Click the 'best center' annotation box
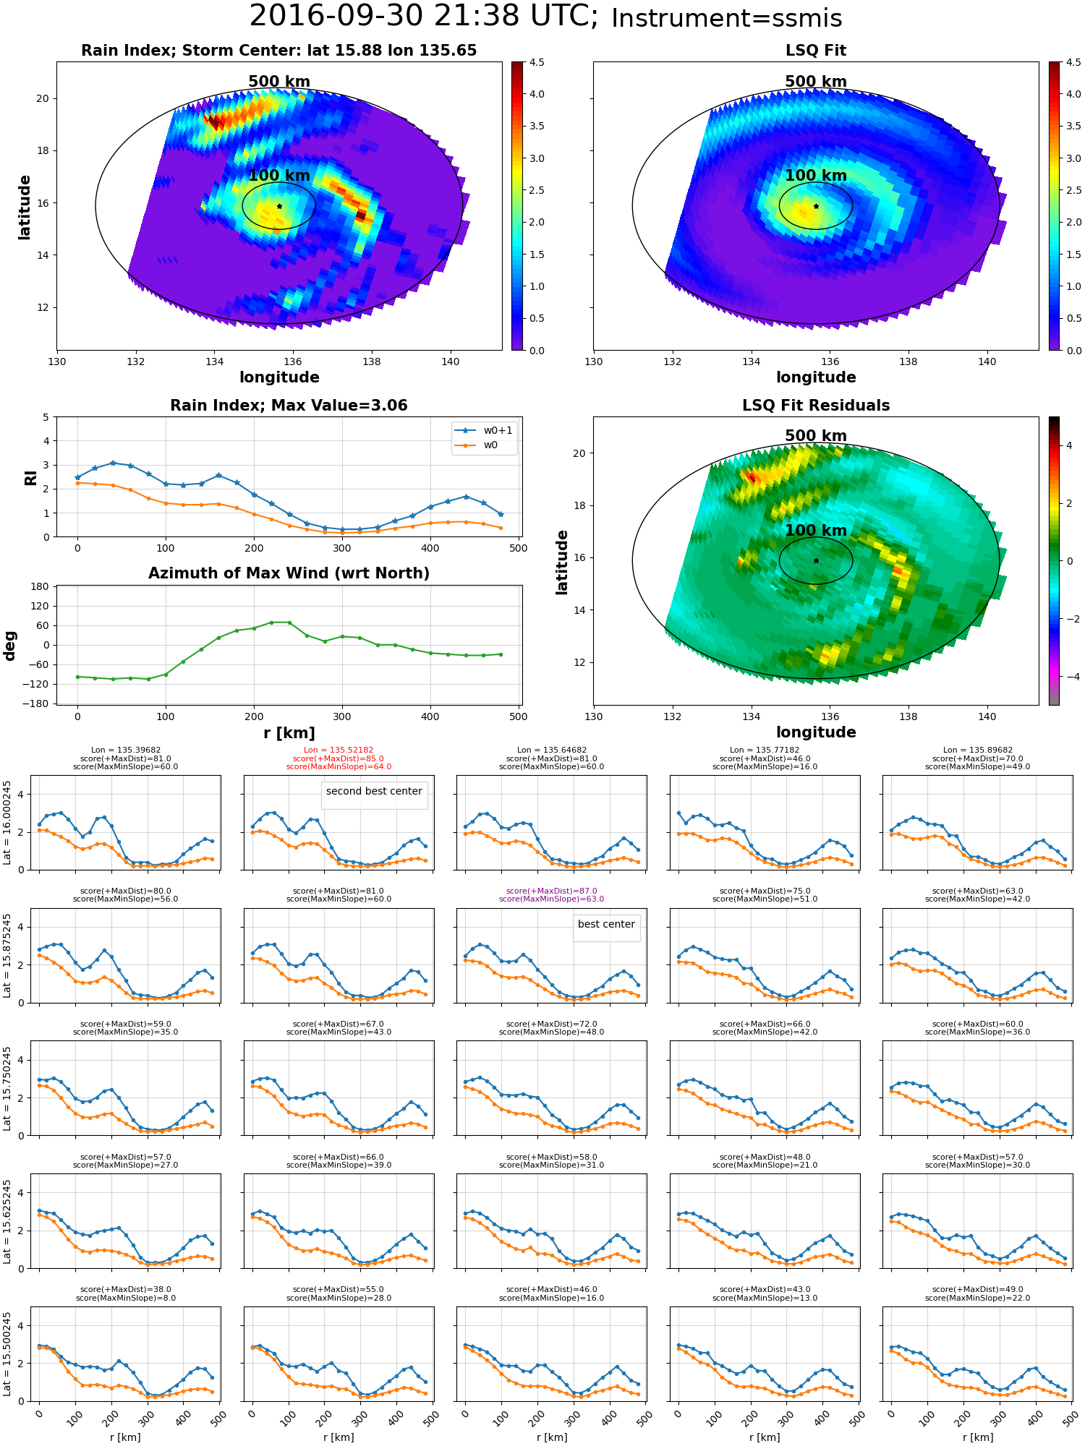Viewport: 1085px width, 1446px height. (x=606, y=924)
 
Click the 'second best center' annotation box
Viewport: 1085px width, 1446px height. (x=374, y=791)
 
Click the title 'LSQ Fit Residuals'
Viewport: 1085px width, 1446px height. (x=815, y=406)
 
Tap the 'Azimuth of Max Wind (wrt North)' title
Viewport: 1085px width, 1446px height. (x=289, y=573)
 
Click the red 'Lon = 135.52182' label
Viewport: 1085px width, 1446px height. (x=339, y=750)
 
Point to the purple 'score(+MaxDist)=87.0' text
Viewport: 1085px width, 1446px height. (x=551, y=891)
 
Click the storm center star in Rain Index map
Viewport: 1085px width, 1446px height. (x=279, y=206)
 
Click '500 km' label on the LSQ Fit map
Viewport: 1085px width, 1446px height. (x=815, y=82)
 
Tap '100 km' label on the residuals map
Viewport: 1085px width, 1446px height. (x=815, y=531)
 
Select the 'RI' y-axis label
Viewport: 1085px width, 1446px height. (x=30, y=478)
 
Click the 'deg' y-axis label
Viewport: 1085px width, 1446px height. (x=10, y=646)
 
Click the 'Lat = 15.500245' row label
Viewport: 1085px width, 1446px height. (x=8, y=1354)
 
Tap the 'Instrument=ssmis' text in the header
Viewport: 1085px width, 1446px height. (x=726, y=18)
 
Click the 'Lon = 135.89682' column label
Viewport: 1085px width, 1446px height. (x=977, y=750)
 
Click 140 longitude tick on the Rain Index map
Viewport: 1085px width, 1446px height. (x=450, y=361)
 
